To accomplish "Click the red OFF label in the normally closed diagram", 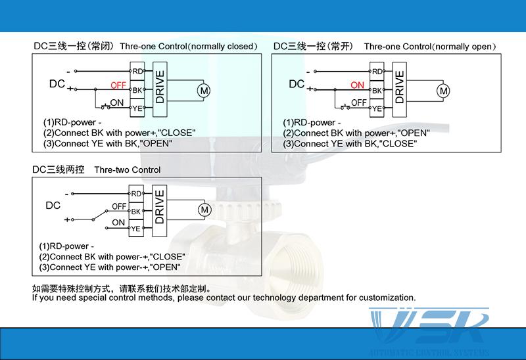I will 118,85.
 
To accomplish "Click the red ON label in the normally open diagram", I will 358,85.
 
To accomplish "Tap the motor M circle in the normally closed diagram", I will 203,90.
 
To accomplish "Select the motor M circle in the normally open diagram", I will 443,90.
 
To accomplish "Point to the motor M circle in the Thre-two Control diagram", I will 203,210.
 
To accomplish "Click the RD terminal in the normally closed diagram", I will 137,71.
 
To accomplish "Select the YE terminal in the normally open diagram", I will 377,108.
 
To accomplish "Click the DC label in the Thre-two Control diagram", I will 53,205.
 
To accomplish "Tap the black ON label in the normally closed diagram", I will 117,103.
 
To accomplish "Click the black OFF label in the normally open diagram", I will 359,103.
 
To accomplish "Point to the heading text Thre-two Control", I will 128,170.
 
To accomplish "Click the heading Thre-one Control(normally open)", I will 429,47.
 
